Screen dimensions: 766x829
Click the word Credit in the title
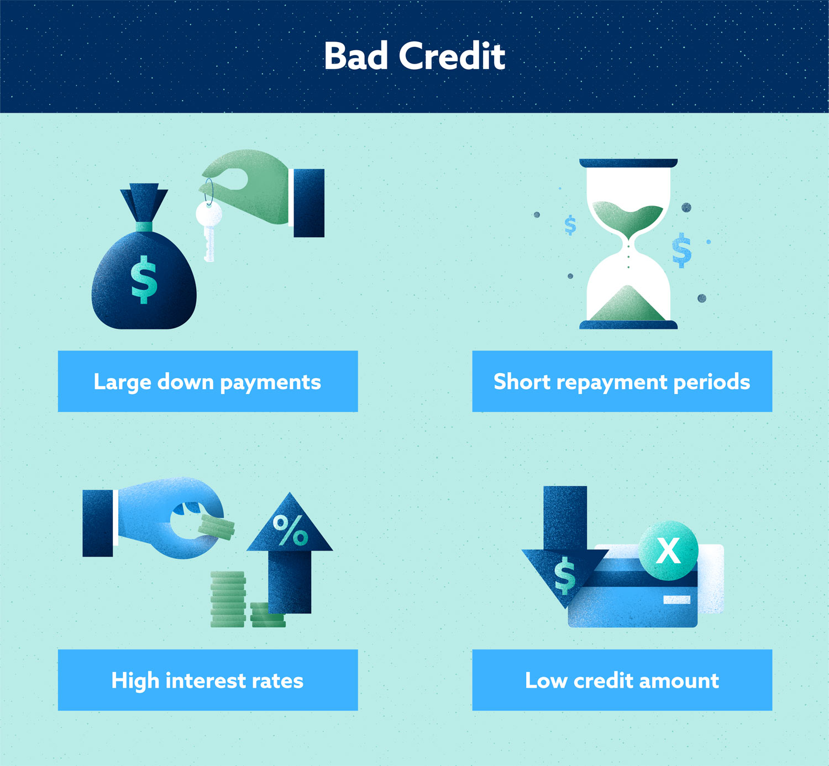pos(452,56)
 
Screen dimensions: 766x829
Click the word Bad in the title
pos(356,56)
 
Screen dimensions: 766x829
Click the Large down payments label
pos(208,381)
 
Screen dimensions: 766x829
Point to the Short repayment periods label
pos(622,381)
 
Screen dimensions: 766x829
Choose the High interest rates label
pos(208,680)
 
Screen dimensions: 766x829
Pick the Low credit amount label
pos(622,680)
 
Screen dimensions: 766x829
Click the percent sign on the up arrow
pos(290,530)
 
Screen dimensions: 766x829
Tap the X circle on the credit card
pos(669,550)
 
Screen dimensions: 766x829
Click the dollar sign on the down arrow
pos(564,575)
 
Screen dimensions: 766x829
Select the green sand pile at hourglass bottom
pos(628,305)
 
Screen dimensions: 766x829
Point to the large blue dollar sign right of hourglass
pos(682,250)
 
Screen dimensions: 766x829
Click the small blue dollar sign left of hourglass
pos(570,225)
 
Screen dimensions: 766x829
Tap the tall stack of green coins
pos(228,600)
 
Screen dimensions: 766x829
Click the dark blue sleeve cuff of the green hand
pos(308,203)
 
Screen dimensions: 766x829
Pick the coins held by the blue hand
pos(217,527)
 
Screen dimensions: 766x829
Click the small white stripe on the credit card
pos(676,600)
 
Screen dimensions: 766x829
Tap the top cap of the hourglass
pos(628,163)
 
